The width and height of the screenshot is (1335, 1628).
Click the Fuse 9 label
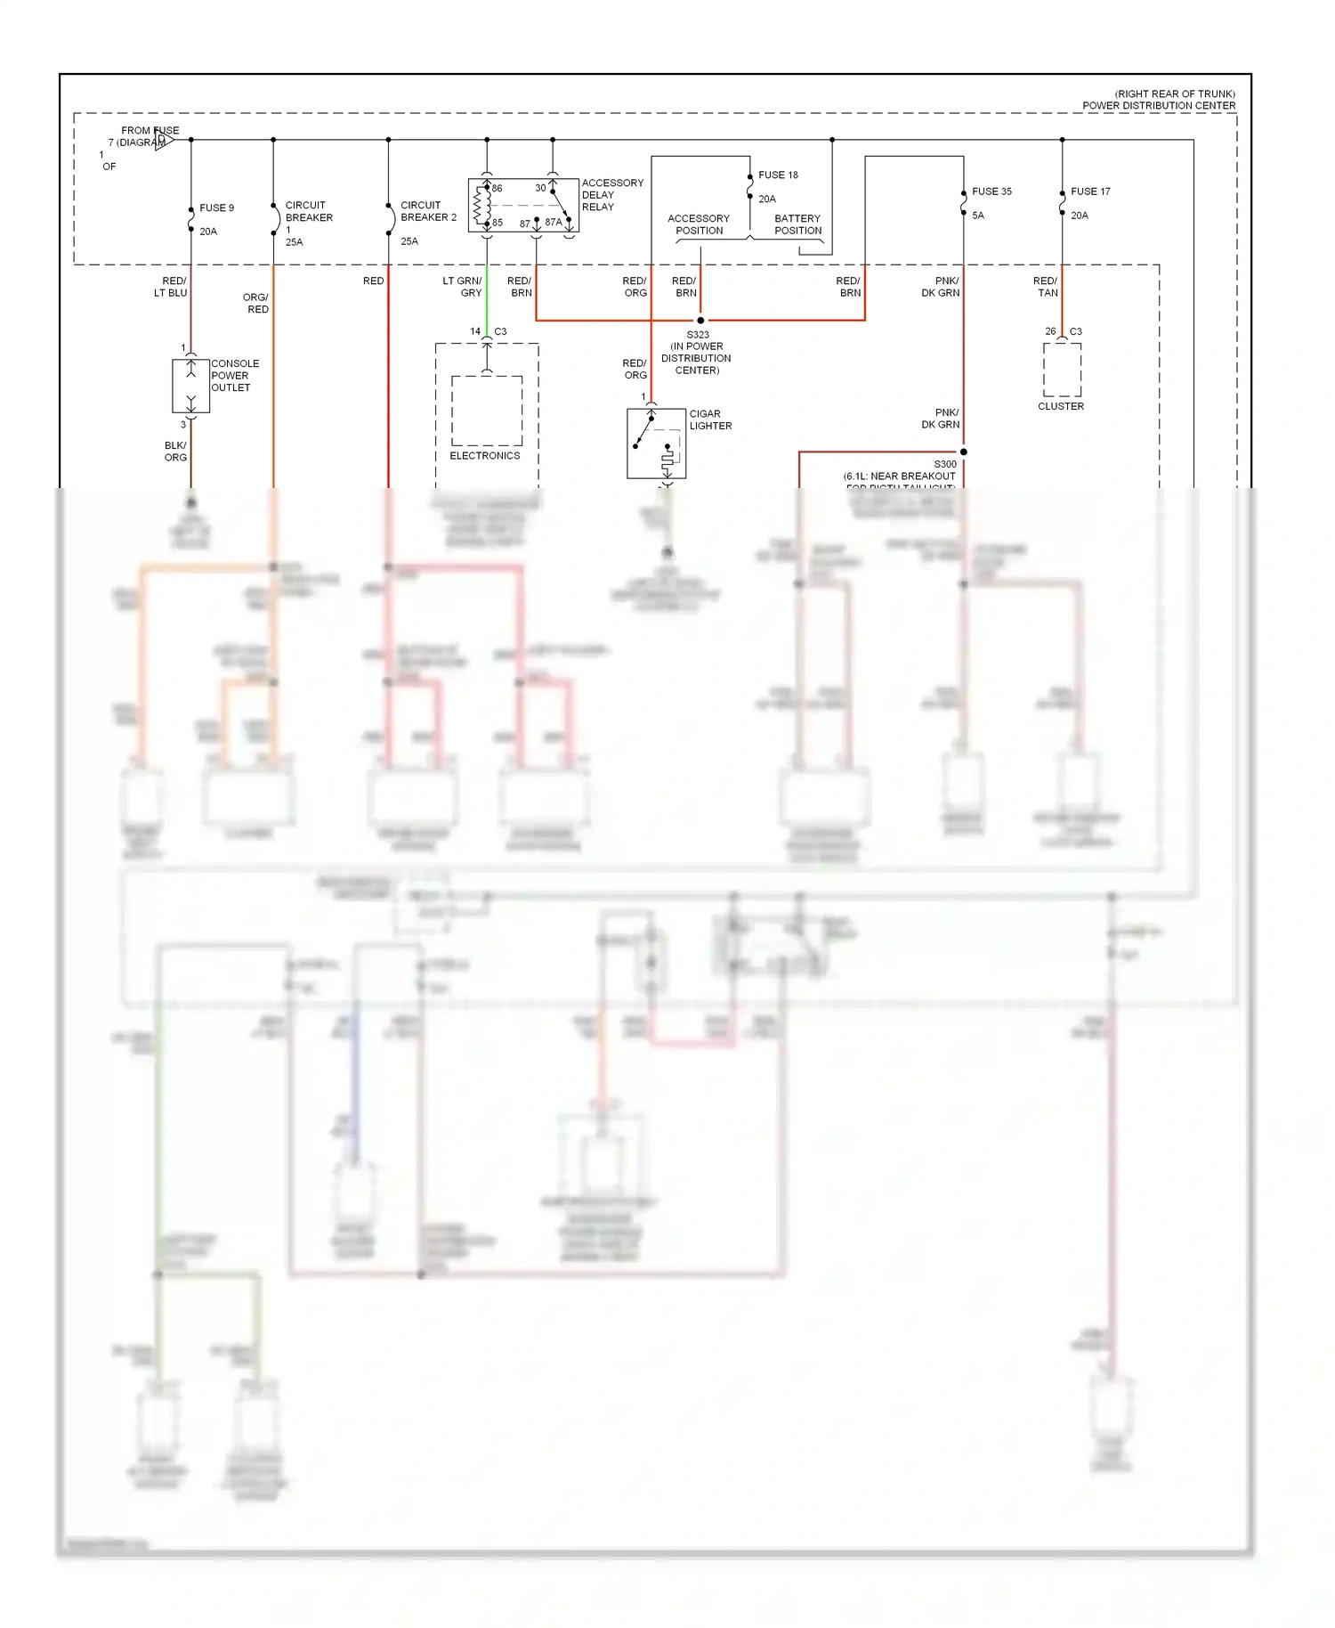216,208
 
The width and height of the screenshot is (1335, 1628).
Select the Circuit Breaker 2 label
428,211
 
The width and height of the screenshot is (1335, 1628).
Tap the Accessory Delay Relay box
523,206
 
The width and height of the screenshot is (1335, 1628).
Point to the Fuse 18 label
778,175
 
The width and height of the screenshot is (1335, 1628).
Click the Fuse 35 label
991,191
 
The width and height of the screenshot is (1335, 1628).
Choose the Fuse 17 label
1090,191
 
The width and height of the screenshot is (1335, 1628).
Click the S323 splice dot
700,321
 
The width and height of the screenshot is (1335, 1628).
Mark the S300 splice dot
963,452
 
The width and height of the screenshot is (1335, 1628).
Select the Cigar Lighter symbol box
656,444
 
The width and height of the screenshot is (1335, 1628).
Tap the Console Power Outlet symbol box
190,386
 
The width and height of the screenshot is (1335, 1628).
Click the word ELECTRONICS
485,456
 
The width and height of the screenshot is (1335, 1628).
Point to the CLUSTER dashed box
1062,370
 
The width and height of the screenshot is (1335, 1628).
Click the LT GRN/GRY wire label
463,287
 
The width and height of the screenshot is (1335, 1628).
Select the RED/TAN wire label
1046,287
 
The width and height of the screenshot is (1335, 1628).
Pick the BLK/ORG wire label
175,452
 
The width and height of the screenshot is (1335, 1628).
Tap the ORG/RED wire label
255,303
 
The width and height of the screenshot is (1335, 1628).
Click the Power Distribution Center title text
1159,105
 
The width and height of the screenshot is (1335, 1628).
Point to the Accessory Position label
699,224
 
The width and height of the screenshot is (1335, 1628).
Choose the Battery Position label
797,224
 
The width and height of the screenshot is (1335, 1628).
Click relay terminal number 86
497,188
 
